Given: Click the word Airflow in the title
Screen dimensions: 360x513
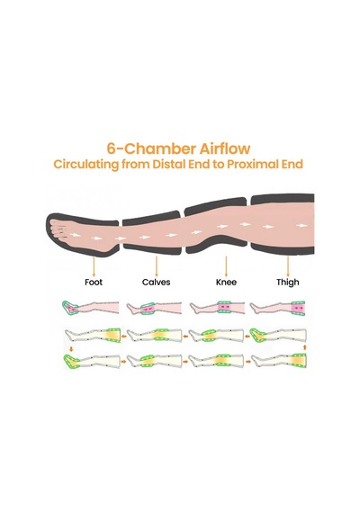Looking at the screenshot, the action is pos(225,148).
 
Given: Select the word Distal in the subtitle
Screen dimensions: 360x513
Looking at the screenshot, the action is pos(168,164).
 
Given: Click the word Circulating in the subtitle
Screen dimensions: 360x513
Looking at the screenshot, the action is pos(86,165).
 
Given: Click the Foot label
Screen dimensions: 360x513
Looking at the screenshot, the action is pos(94,282).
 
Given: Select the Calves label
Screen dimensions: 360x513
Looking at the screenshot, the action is pos(156,282).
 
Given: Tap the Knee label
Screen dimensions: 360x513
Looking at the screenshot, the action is pos(226,282).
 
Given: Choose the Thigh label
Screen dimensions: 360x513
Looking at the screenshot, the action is pos(288,283).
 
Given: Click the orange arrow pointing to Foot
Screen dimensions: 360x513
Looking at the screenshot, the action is pos(94,266).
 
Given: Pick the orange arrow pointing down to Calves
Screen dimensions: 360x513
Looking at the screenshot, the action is pos(157,266).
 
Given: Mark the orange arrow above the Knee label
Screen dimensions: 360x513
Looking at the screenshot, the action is pos(226,266).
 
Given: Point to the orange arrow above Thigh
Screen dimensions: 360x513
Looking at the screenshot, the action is pos(288,266).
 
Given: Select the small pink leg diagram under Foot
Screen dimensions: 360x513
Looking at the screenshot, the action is pos(90,308).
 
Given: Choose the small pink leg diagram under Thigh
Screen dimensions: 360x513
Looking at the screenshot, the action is pos(277,308).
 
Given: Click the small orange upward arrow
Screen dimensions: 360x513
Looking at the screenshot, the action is pos(305,347).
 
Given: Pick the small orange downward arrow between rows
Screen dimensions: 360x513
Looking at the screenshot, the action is pos(71,349).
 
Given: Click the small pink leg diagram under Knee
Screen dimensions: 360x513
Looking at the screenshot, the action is pos(217,308).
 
